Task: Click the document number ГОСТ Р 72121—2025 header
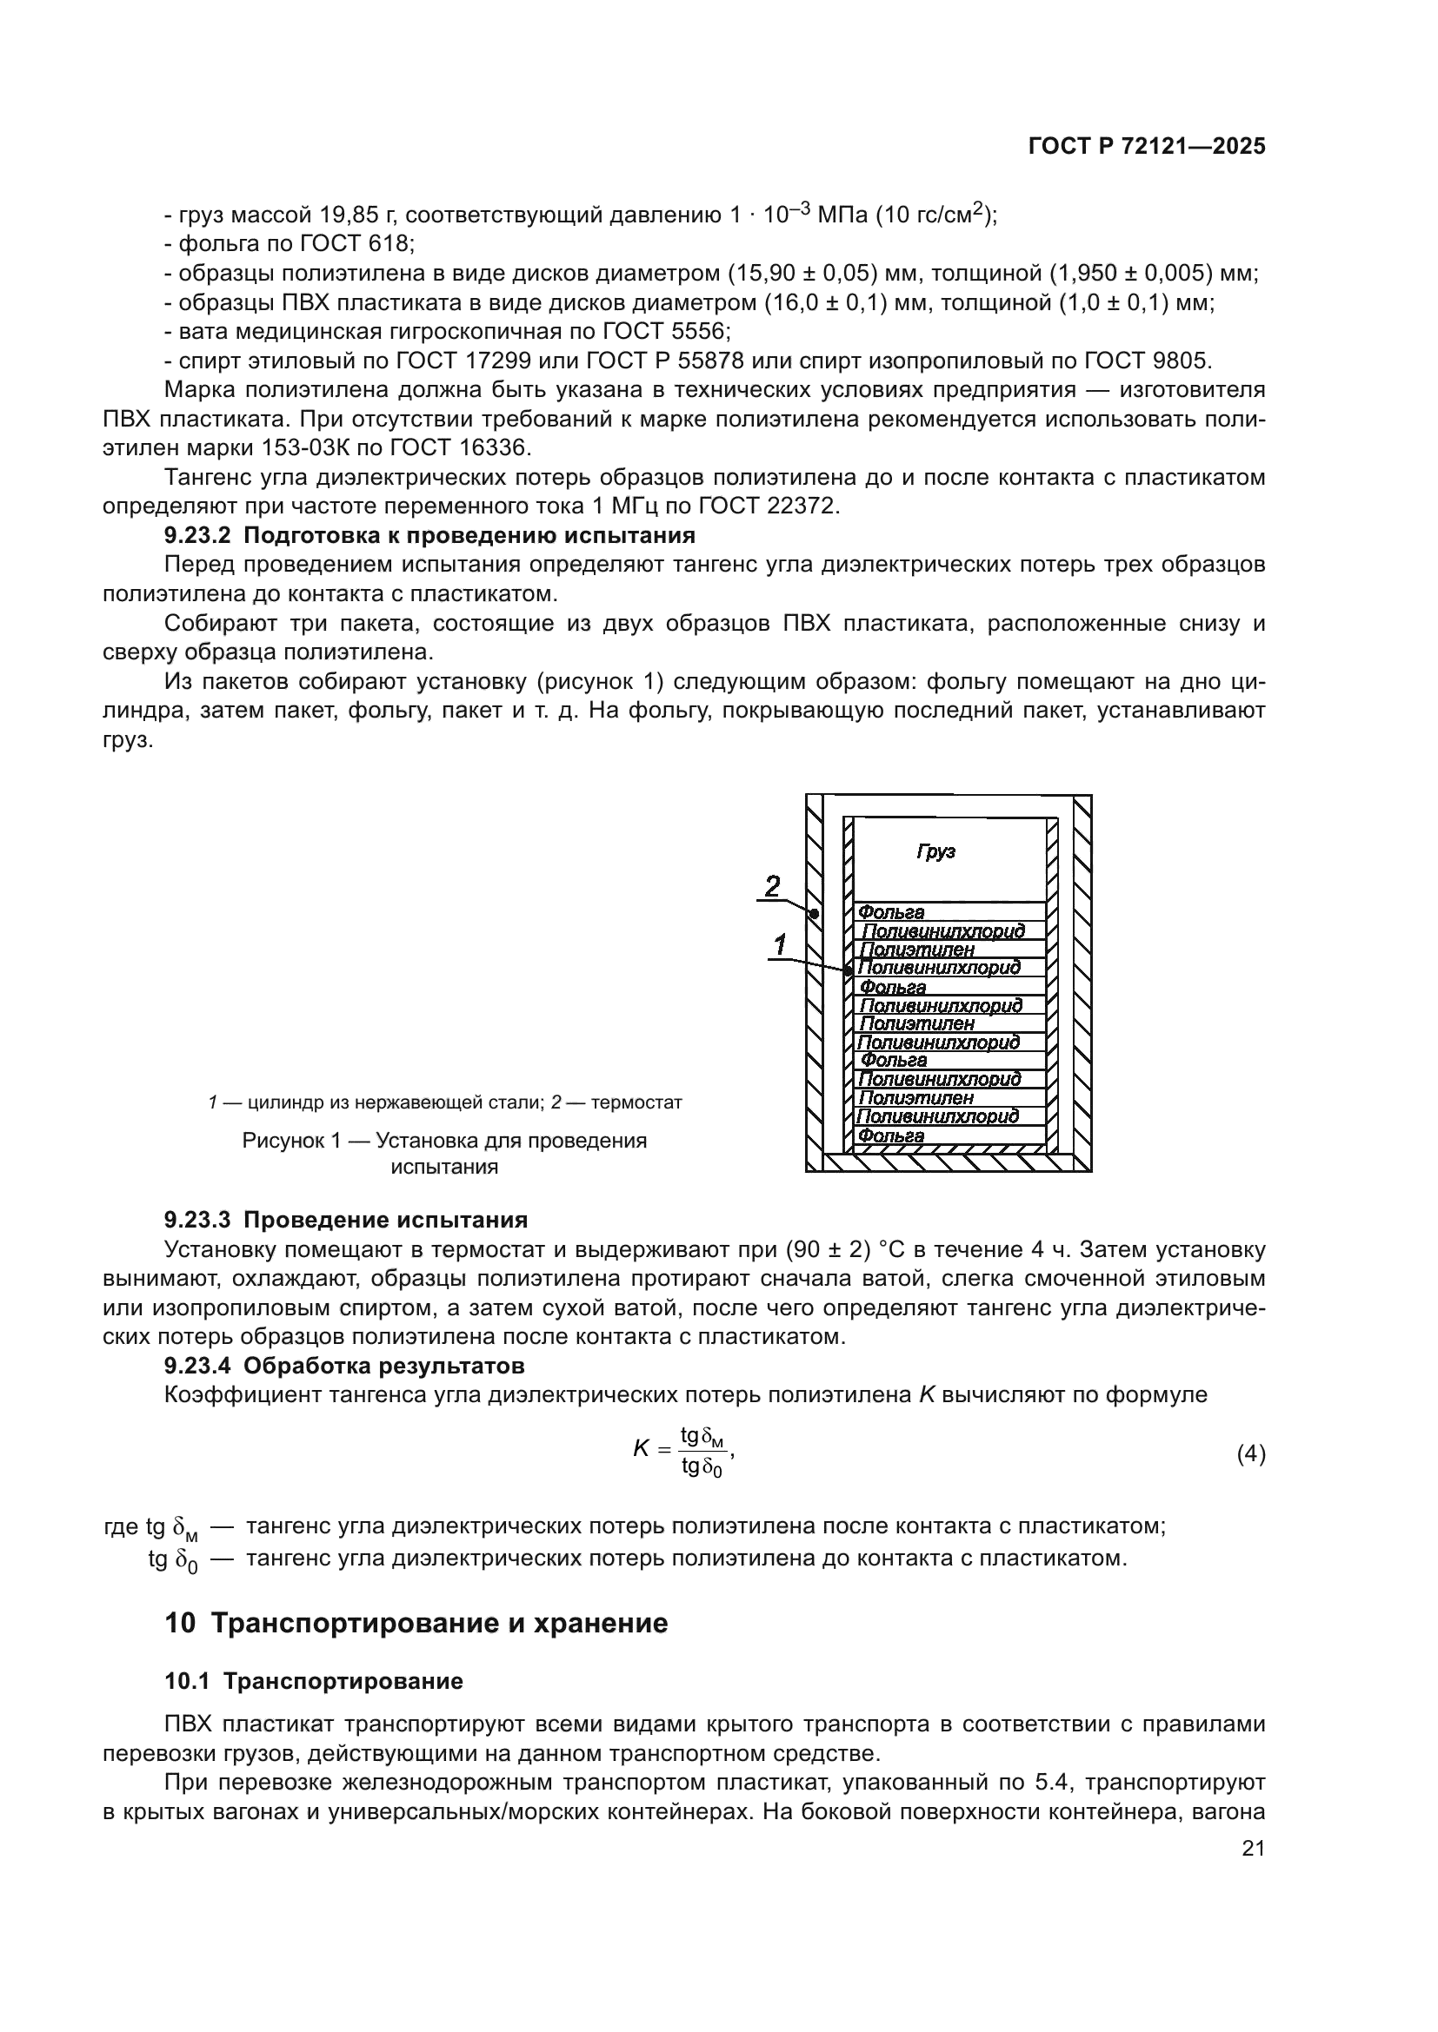tap(1147, 147)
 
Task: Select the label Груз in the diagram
tap(935, 852)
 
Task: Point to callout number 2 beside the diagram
tap(772, 886)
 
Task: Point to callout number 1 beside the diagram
tap(780, 946)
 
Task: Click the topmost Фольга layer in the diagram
tap(892, 912)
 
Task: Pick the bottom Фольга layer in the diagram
tap(892, 1136)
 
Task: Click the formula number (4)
tap(1250, 1454)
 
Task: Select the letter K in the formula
tap(641, 1449)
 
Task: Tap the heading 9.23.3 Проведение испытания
tap(345, 1220)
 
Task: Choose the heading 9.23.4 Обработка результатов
tap(344, 1366)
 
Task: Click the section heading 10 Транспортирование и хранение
tap(416, 1624)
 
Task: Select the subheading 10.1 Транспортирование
tap(314, 1682)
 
